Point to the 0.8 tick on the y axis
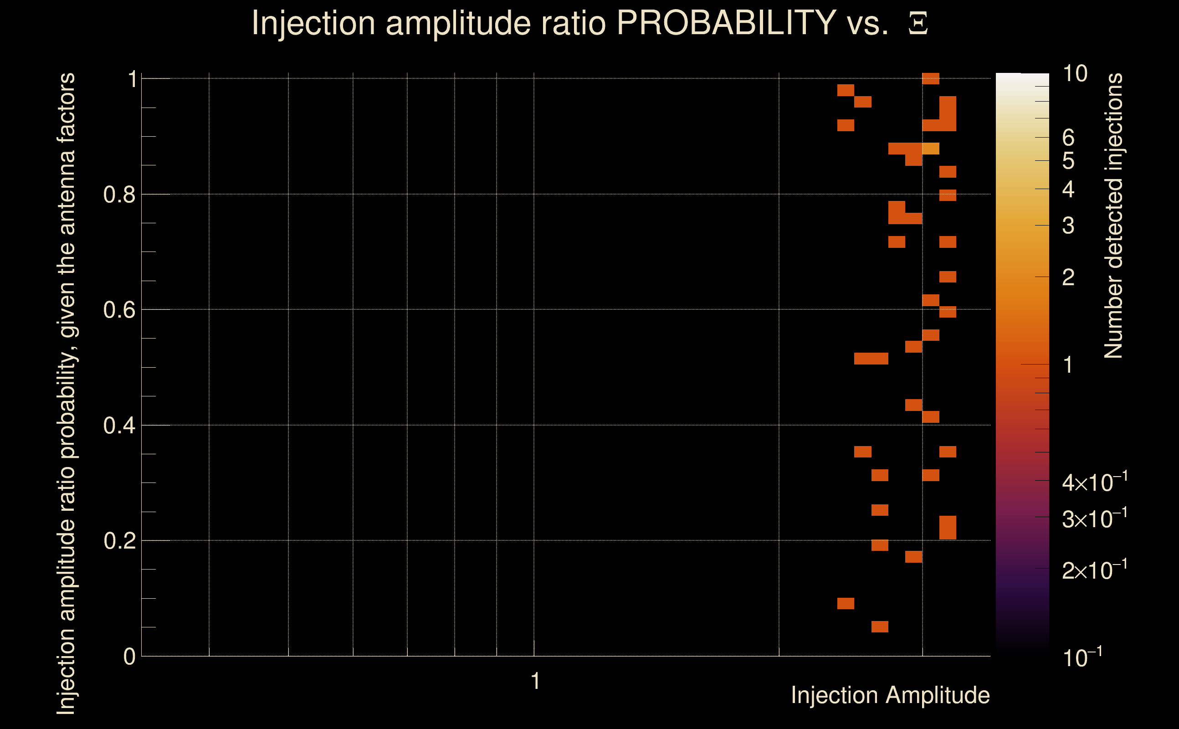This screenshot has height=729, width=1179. click(119, 195)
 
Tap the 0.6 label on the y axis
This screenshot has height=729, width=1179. click(119, 310)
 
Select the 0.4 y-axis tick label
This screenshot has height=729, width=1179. click(119, 426)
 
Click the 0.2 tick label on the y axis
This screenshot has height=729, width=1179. click(119, 541)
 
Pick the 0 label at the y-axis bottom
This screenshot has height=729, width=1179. click(129, 657)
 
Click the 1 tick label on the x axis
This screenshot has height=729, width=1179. click(535, 681)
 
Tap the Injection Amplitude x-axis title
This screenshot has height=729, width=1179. click(890, 695)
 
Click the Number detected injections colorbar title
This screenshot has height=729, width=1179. click(1113, 216)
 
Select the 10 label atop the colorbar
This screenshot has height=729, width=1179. click(1074, 74)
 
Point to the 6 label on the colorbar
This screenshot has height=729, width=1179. click(1068, 138)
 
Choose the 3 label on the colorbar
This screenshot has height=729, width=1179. click(1068, 226)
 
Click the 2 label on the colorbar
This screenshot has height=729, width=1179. click(1068, 277)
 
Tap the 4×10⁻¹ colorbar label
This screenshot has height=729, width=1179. click(1094, 482)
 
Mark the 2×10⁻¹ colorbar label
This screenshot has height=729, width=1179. click(1094, 570)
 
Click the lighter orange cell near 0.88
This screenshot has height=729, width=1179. click(931, 149)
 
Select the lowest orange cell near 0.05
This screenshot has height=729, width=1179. click(880, 627)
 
